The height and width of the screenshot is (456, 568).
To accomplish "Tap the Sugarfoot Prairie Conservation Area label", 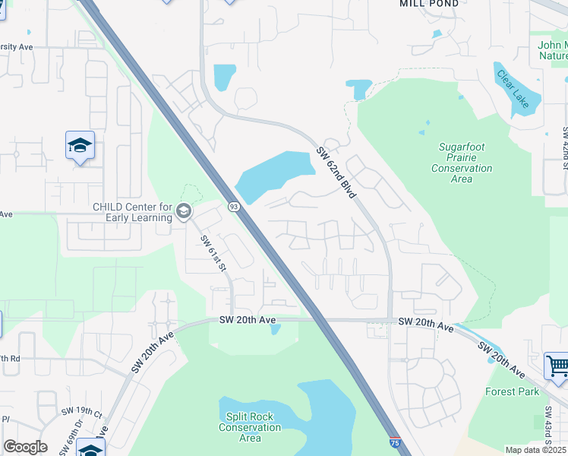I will [462, 163].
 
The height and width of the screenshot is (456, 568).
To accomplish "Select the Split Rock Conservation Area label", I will [250, 427].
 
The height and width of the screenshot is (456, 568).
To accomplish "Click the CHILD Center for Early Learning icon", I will [183, 211].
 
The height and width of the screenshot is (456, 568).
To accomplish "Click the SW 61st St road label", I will [213, 253].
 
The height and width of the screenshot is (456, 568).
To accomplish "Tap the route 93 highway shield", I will [233, 207].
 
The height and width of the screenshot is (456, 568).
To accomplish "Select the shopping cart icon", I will [557, 366].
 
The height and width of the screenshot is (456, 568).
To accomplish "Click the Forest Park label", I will [513, 391].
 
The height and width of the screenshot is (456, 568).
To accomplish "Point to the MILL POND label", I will [429, 4].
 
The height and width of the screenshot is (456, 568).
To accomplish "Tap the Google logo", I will [25, 447].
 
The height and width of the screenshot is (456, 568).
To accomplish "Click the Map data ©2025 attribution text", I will [536, 450].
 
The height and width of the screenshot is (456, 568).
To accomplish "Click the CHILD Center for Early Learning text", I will [133, 212].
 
